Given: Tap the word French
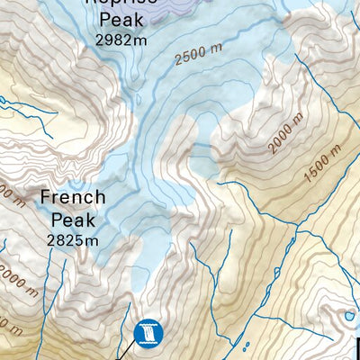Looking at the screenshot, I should [x=73, y=197].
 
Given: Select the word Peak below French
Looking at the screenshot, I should [x=73, y=220].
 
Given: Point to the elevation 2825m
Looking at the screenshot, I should [x=73, y=240].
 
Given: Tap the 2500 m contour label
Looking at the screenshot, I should [x=198, y=57].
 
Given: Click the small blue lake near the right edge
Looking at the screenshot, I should [x=348, y=316].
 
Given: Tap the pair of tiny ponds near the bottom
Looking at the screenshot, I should [x=246, y=346].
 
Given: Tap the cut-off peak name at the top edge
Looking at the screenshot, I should [x=121, y=3].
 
